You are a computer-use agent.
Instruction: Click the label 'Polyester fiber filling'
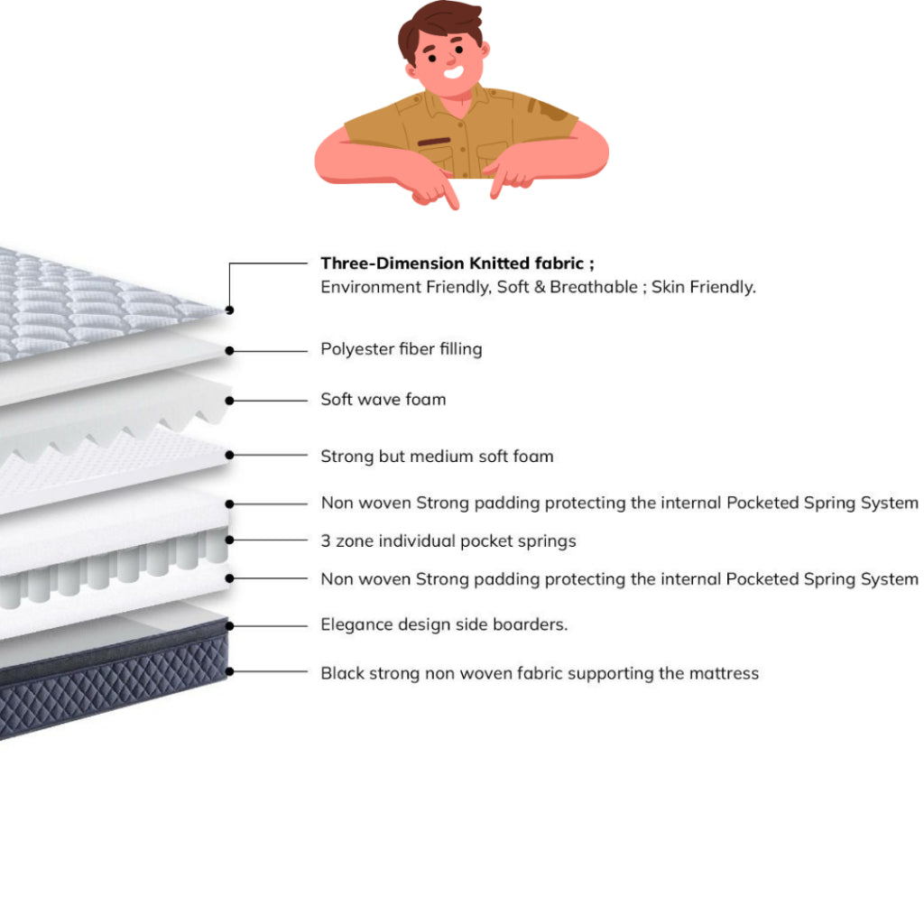(x=401, y=349)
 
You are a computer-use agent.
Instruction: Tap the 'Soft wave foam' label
(x=383, y=399)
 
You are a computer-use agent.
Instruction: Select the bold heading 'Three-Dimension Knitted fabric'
(x=457, y=263)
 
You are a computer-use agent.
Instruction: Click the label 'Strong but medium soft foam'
(x=437, y=457)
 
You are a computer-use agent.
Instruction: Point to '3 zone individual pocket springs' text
(x=448, y=541)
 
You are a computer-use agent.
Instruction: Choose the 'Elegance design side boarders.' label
(x=444, y=624)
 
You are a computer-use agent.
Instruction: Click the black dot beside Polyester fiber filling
(x=230, y=350)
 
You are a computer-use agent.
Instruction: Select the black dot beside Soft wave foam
(x=230, y=400)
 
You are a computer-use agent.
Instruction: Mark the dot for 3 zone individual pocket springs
(x=230, y=540)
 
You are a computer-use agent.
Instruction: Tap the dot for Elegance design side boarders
(x=230, y=624)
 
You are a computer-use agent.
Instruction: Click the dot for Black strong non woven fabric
(x=230, y=671)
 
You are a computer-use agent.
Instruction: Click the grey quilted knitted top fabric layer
(x=81, y=298)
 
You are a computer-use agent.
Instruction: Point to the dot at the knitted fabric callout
(x=230, y=310)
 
